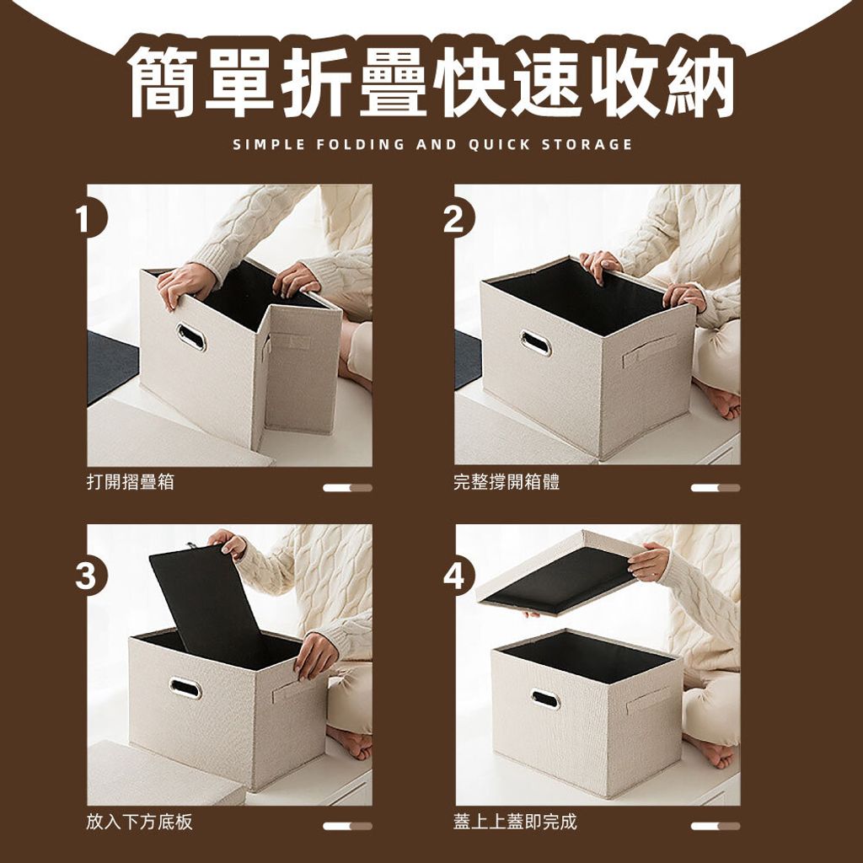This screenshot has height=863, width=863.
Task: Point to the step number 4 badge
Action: [x=454, y=576]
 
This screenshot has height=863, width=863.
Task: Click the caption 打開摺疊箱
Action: [x=131, y=482]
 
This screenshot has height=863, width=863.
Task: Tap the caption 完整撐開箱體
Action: [x=507, y=482]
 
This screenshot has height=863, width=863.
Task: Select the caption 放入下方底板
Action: [x=139, y=822]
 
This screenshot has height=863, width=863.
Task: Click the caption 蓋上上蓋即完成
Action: [x=515, y=822]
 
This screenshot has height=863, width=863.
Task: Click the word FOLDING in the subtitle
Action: [x=361, y=145]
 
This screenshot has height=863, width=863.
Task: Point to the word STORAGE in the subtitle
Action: [x=587, y=145]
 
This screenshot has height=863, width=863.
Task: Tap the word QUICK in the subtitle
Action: [x=499, y=145]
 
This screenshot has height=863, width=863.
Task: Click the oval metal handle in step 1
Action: [x=191, y=337]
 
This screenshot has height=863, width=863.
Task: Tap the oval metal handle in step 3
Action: [x=185, y=688]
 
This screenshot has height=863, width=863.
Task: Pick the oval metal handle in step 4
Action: [x=545, y=699]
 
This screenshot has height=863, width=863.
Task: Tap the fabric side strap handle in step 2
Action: [x=650, y=351]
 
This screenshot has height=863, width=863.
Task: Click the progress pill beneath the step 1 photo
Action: [x=347, y=488]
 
